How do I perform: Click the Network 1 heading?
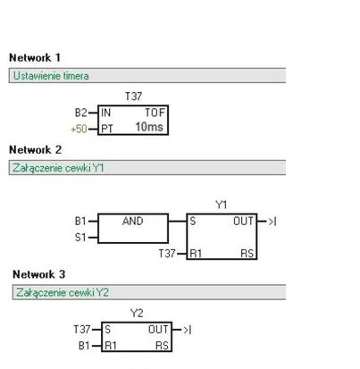click(35, 57)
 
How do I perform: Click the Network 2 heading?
click(36, 149)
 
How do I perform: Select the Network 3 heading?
click(39, 274)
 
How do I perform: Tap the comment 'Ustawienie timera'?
click(51, 76)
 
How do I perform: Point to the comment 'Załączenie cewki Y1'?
click(58, 168)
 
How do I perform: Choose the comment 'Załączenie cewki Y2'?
click(63, 292)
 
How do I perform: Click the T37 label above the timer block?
click(133, 96)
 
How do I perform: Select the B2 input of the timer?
click(80, 113)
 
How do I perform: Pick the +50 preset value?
click(79, 129)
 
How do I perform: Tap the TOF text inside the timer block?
click(155, 113)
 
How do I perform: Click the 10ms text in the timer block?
click(149, 127)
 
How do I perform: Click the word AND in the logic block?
click(133, 221)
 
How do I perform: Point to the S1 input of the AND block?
click(80, 238)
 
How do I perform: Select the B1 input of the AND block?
click(80, 222)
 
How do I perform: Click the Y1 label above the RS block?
click(222, 205)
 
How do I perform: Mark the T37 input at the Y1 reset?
click(167, 254)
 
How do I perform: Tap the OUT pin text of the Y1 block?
click(243, 222)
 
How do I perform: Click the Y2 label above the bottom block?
click(137, 313)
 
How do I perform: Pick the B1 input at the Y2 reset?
click(84, 346)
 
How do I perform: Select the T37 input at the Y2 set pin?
click(82, 330)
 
